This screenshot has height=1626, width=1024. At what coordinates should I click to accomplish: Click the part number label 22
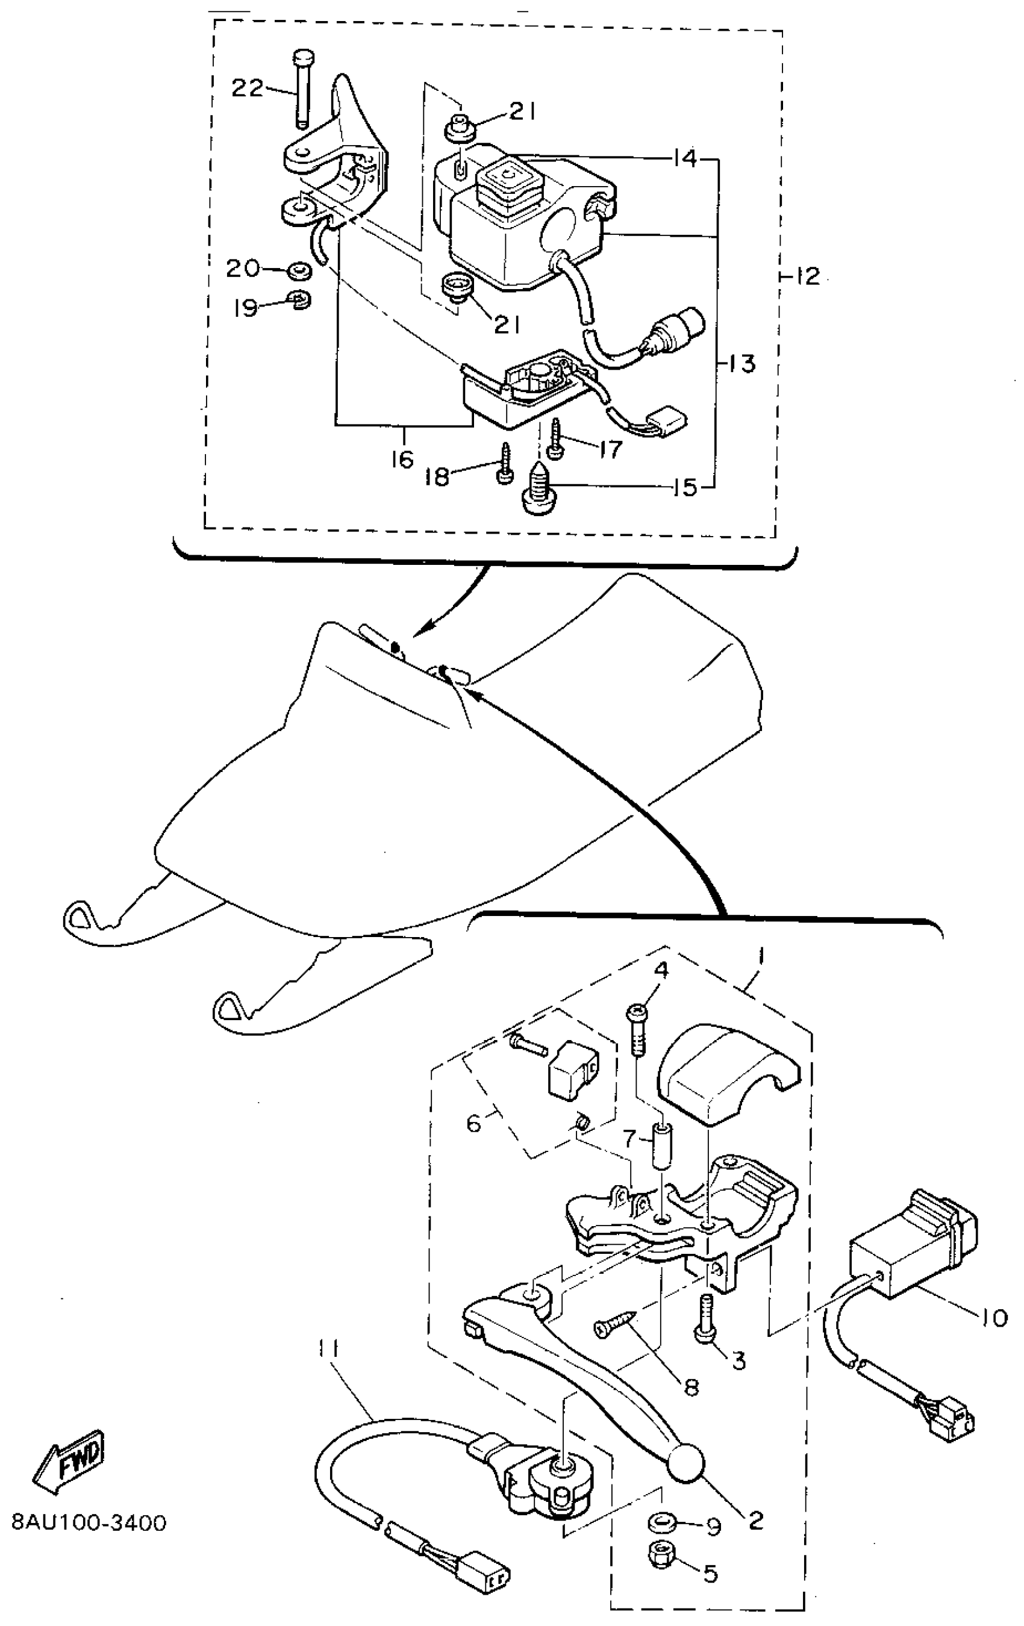click(247, 88)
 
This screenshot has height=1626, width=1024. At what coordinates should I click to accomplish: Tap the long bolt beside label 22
click(302, 88)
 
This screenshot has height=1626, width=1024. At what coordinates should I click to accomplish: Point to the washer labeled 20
click(298, 272)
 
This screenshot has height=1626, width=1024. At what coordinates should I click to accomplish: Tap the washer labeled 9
click(661, 1522)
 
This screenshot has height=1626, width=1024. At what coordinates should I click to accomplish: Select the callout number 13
click(741, 363)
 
